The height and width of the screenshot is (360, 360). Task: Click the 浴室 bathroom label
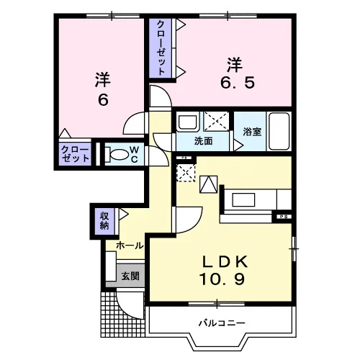tap(252, 132)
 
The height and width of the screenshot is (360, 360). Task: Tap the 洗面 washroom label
tap(203, 141)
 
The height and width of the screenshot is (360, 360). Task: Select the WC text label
tap(135, 154)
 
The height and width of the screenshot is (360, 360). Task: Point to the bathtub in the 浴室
tap(279, 131)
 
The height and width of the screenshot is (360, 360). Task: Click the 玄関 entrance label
tap(130, 276)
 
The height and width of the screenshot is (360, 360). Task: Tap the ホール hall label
tap(130, 246)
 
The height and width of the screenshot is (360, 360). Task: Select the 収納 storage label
tap(104, 221)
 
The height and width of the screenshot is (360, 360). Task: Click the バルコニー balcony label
tap(222, 323)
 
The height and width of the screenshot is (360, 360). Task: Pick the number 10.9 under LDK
tap(222, 279)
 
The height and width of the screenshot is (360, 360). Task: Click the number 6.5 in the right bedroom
tap(238, 83)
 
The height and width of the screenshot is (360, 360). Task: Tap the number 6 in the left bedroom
tap(103, 99)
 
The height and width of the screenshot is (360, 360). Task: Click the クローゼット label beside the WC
tap(75, 155)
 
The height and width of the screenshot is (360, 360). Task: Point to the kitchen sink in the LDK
tap(243, 199)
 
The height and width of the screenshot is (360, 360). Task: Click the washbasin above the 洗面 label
tap(188, 122)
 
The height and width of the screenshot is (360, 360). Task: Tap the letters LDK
tap(225, 262)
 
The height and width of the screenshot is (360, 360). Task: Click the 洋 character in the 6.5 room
tap(235, 65)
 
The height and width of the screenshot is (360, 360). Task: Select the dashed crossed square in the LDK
tap(186, 173)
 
